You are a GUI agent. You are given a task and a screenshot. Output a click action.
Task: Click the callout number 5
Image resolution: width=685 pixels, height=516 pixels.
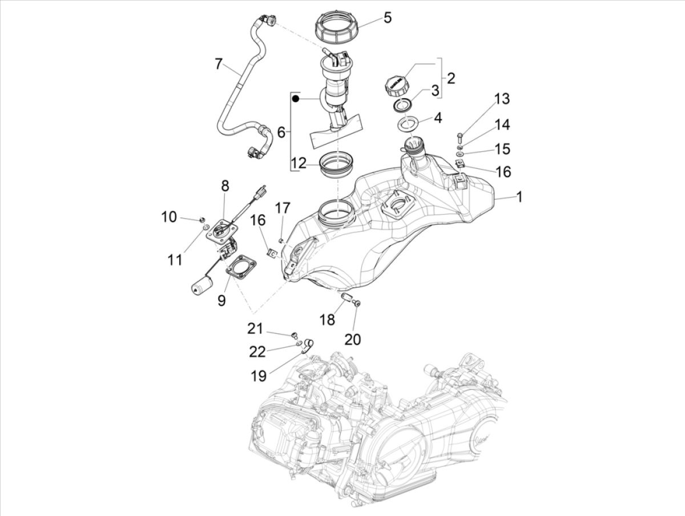(388, 18)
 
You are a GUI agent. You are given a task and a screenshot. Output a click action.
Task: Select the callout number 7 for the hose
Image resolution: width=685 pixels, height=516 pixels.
(219, 63)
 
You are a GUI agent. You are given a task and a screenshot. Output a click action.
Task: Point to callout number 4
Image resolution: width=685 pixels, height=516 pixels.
(438, 118)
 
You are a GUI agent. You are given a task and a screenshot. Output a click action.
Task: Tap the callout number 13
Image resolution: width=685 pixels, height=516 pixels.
(502, 99)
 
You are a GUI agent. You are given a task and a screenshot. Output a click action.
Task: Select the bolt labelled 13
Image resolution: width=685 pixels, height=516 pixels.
(461, 136)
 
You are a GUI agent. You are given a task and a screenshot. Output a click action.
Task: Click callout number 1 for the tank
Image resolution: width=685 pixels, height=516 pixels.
(519, 197)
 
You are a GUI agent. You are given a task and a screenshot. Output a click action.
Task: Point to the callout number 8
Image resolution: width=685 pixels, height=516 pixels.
(224, 186)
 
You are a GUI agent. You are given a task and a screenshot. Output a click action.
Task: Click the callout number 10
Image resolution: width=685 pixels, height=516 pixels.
(169, 216)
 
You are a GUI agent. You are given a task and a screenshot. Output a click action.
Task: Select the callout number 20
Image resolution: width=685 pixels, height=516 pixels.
(353, 338)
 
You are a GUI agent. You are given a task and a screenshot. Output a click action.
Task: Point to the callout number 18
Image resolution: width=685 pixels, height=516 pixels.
(327, 320)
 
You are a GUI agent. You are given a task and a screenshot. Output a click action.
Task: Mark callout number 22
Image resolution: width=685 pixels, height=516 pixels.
(257, 352)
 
